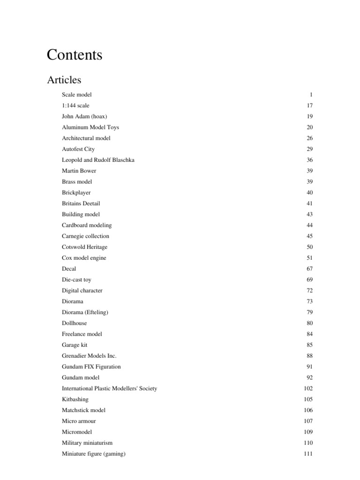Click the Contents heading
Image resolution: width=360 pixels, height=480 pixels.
tap(75, 55)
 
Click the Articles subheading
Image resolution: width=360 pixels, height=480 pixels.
tap(64, 80)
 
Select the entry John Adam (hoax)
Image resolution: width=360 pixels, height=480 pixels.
tap(83, 117)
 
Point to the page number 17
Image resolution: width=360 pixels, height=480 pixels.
tap(309, 106)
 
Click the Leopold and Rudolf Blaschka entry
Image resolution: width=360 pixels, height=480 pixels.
tap(98, 160)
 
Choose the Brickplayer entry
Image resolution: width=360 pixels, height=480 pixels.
tap(76, 193)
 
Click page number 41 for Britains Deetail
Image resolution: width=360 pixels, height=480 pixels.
tap(309, 203)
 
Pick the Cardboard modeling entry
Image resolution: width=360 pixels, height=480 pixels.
tap(87, 225)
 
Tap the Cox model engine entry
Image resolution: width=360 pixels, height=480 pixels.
tap(84, 258)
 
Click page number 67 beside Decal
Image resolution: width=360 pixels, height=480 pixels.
tap(309, 269)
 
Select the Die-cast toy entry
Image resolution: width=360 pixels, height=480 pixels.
tap(76, 279)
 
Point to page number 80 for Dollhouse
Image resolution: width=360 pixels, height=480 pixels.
tap(309, 323)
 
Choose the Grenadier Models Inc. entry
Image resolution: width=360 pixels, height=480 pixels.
tap(89, 356)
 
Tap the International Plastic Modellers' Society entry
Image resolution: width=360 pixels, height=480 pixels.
tap(109, 388)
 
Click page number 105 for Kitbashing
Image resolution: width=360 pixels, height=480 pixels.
tap(308, 399)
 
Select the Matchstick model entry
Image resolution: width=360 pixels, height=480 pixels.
tap(83, 410)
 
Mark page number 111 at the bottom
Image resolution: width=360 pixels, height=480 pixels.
tap(308, 454)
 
